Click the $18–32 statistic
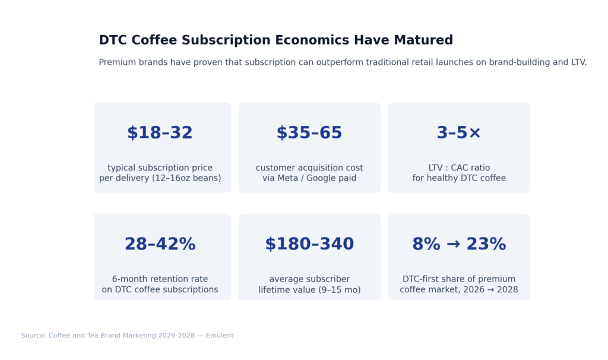(x=160, y=133)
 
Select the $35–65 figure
(x=309, y=133)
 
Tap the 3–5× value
(x=459, y=133)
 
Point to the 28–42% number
(x=160, y=244)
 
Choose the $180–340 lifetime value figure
(x=309, y=244)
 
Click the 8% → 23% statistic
(x=459, y=244)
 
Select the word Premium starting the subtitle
(x=117, y=62)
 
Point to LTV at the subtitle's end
(x=578, y=62)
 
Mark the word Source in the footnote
(x=33, y=336)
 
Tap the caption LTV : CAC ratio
(x=459, y=168)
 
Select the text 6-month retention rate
(x=160, y=279)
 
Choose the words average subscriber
(x=309, y=279)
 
